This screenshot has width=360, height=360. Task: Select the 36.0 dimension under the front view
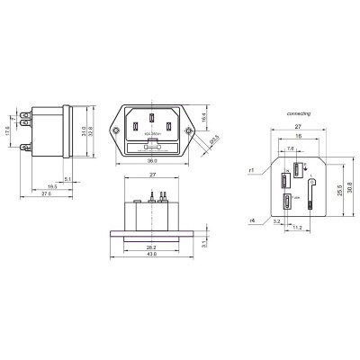[x=153, y=162]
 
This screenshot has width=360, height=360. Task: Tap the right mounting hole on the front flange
[x=190, y=132]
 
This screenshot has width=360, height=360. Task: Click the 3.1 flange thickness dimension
[x=204, y=242]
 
